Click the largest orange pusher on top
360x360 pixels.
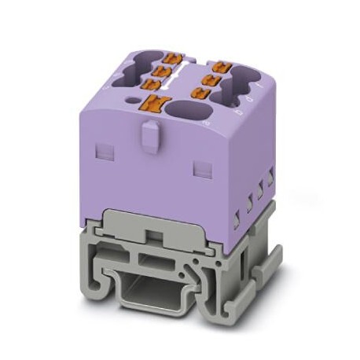(x=154, y=101)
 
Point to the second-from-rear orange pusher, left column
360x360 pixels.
(x=167, y=68)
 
